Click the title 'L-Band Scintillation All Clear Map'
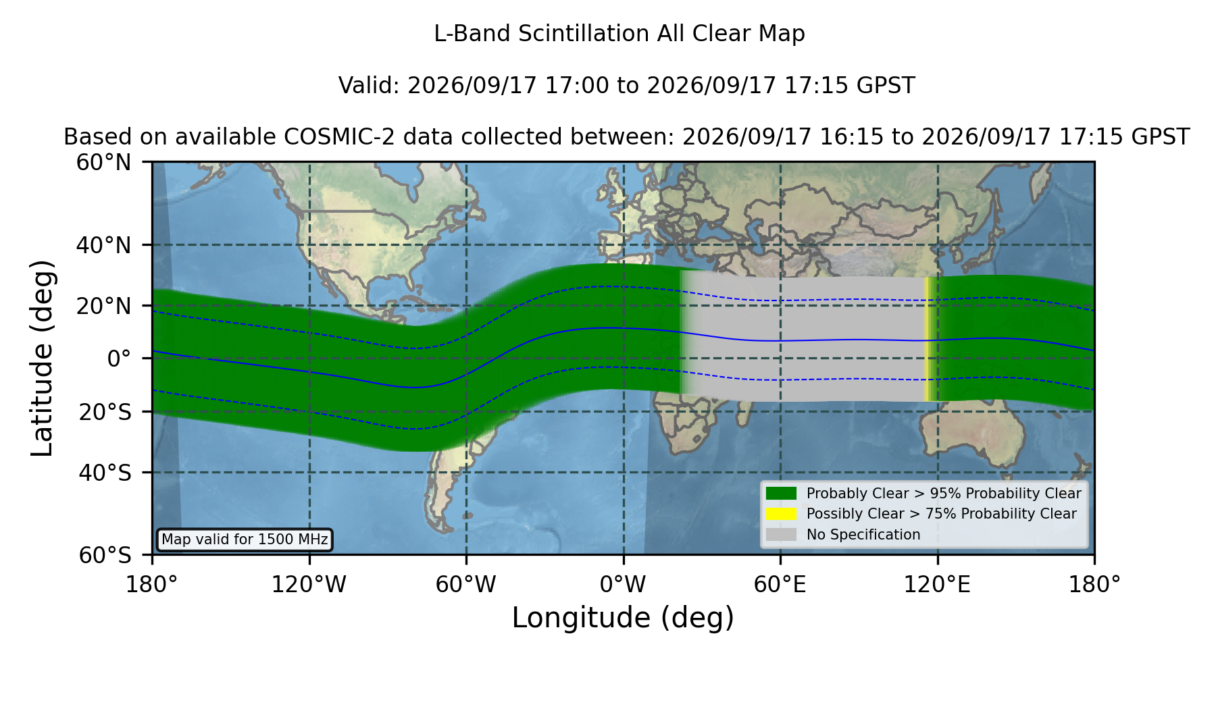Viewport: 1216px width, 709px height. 619,34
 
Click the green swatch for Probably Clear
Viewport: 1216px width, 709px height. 782,494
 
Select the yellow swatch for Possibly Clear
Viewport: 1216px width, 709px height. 782,514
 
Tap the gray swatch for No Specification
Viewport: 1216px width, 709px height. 782,535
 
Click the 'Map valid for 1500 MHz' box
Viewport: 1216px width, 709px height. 245,540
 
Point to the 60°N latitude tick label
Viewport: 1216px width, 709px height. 103,163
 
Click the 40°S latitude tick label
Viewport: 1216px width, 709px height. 105,473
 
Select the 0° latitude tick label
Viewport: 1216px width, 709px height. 119,359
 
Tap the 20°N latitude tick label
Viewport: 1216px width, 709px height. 103,306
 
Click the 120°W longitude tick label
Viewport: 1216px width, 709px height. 309,585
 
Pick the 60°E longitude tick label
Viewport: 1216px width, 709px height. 780,585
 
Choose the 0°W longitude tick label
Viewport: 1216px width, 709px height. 623,585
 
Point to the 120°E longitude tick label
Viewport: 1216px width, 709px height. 937,585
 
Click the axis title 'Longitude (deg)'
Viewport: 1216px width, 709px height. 623,618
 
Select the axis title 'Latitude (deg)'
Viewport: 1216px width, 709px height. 42,358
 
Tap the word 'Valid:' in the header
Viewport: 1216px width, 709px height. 370,86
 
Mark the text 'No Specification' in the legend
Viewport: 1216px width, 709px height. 863,535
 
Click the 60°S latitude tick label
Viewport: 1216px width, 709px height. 105,556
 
